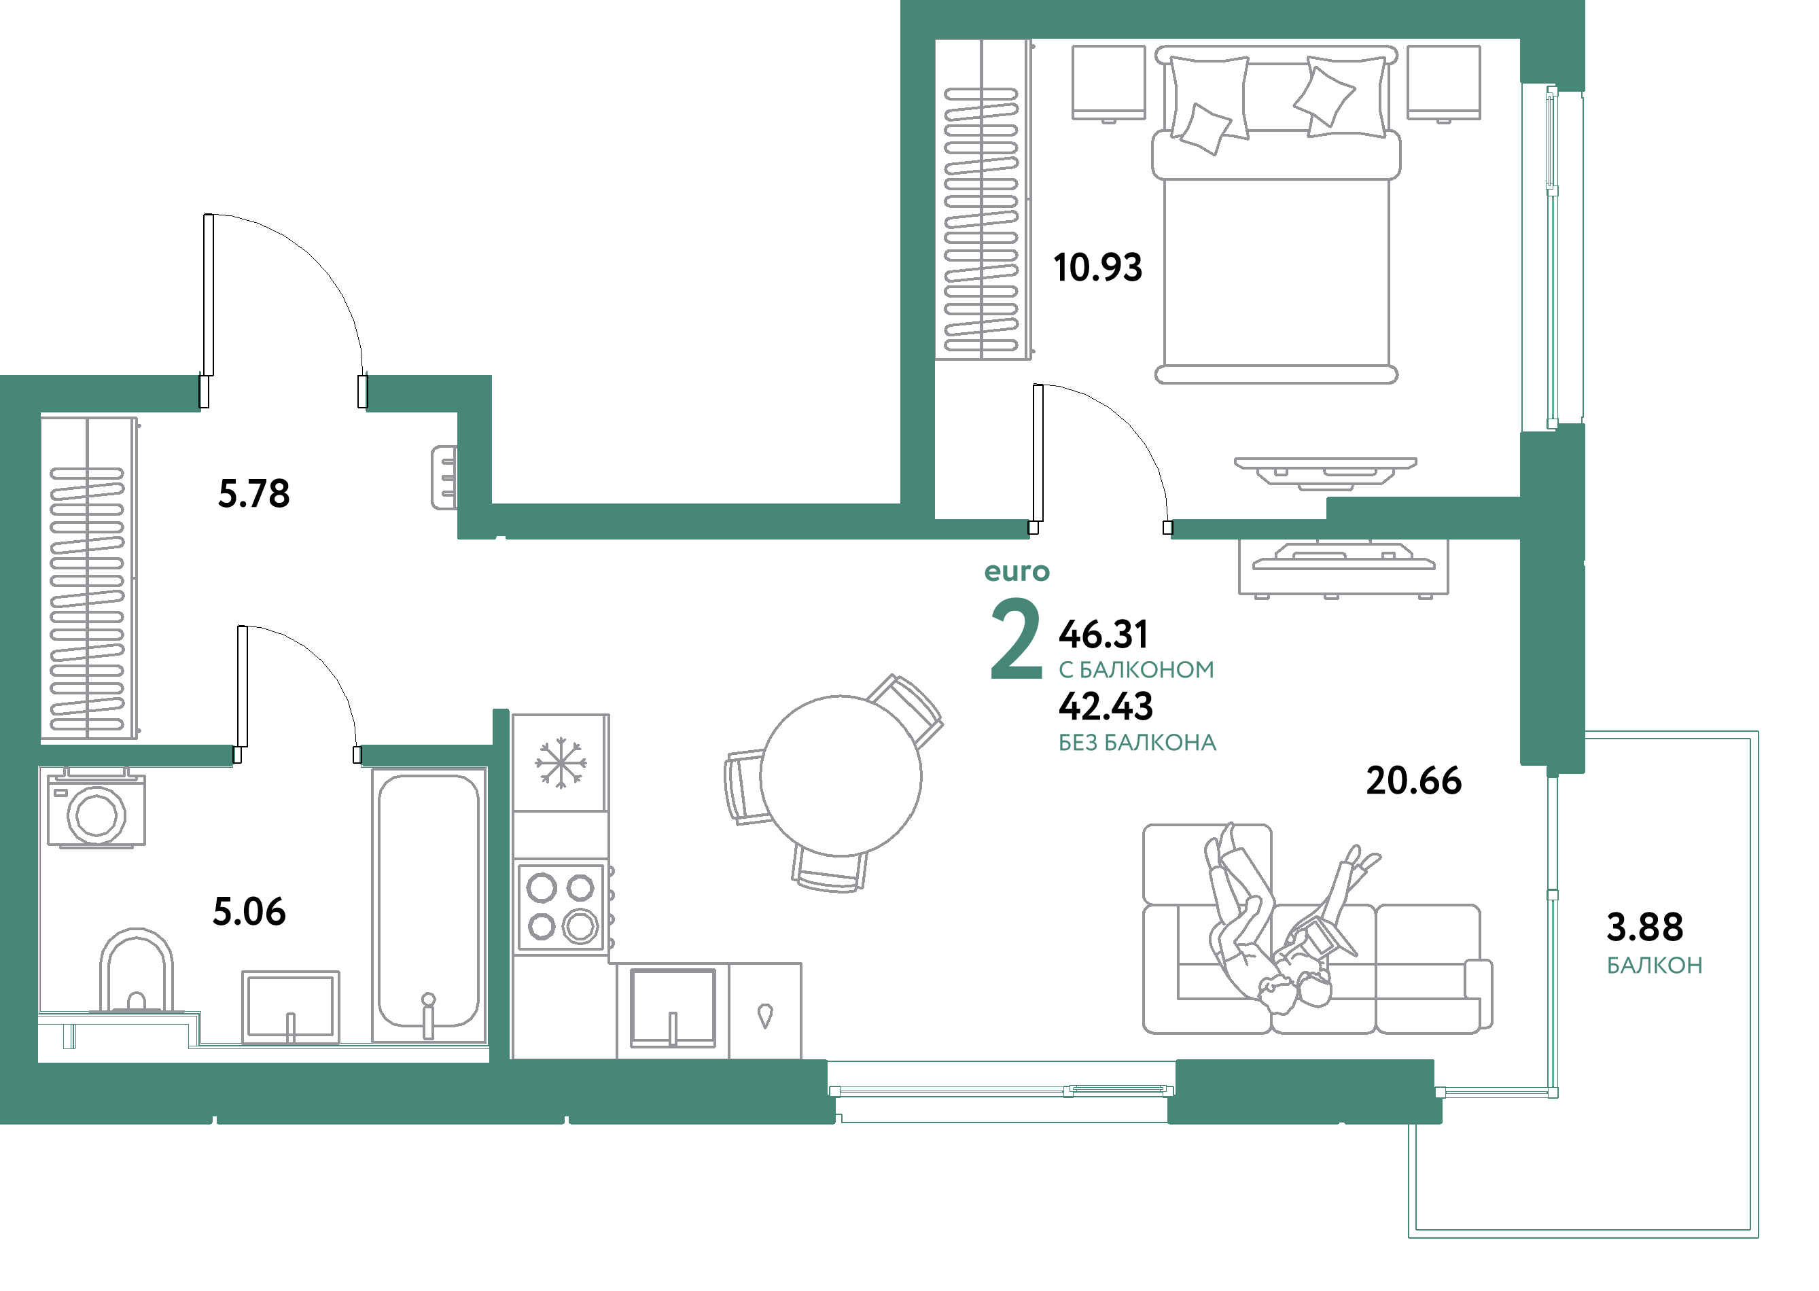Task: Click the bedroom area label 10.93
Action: click(1097, 267)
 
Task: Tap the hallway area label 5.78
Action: click(253, 494)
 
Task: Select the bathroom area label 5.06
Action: click(249, 912)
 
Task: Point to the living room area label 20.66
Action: click(1413, 781)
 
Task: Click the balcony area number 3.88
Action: click(1645, 926)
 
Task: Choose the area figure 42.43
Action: click(1106, 706)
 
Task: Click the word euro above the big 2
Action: click(1017, 571)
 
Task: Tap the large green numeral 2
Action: click(1016, 639)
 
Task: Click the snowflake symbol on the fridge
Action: click(561, 763)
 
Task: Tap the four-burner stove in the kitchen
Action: click(561, 907)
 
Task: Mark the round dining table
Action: click(841, 776)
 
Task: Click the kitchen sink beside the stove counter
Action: click(673, 1007)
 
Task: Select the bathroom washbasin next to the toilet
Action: click(290, 1007)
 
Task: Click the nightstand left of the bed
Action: click(1108, 82)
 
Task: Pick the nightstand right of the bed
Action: click(1443, 82)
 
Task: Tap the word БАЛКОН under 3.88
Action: click(1655, 966)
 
